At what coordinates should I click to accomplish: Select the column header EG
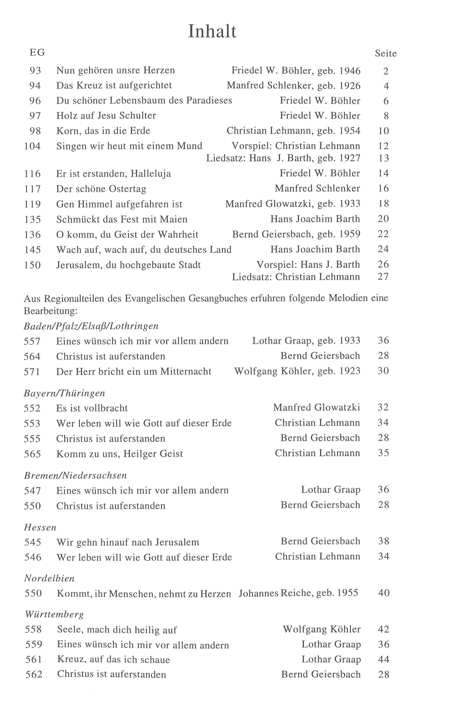[37, 53]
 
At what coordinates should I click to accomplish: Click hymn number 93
[35, 71]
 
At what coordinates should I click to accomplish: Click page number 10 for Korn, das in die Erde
[383, 131]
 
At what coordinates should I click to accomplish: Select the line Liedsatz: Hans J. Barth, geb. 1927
[283, 158]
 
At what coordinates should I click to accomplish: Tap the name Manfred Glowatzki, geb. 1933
[292, 204]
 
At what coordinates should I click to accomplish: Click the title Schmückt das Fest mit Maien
[122, 219]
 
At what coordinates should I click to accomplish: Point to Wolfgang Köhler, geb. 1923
[297, 371]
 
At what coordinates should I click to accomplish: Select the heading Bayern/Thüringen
[64, 393]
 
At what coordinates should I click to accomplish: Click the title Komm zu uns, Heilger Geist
[119, 454]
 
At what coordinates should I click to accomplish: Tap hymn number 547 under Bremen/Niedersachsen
[32, 490]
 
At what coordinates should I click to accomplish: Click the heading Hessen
[40, 527]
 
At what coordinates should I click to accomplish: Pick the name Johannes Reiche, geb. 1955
[298, 593]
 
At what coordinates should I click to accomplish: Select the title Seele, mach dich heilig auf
[117, 630]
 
